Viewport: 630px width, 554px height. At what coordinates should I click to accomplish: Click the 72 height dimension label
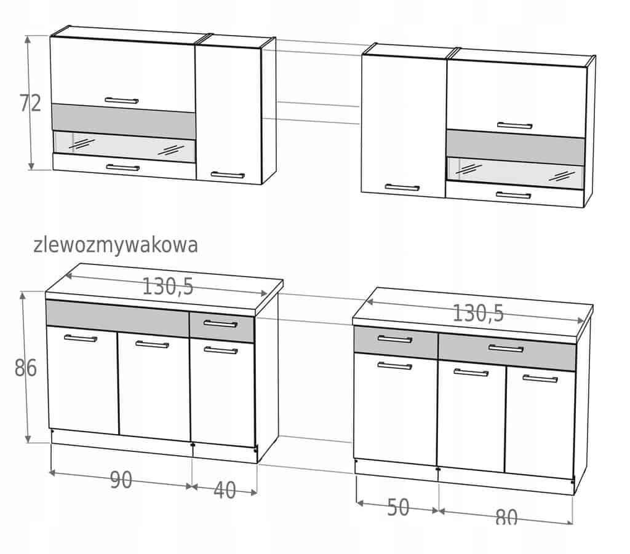[31, 103]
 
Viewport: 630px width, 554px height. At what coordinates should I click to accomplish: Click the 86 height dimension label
[26, 368]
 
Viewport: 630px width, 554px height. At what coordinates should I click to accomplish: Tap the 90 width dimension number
[121, 480]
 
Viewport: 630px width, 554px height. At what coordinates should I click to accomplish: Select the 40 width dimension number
[225, 490]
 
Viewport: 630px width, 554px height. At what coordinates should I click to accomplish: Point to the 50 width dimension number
[398, 507]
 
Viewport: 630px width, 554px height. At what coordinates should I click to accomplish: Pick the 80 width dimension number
[506, 518]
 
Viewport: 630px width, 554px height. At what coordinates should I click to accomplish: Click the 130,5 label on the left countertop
[168, 287]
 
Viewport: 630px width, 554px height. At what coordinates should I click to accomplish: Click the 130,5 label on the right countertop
[478, 313]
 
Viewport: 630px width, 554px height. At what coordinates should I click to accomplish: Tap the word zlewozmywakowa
[116, 245]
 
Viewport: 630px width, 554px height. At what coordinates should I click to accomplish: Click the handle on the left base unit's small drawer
[221, 323]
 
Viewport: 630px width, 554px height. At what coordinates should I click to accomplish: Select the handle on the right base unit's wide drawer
[506, 349]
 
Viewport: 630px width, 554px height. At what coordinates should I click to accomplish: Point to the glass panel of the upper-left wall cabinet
[124, 147]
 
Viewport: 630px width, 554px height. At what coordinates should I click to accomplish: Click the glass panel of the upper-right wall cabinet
[516, 173]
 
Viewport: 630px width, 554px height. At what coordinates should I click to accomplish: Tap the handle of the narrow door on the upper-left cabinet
[228, 175]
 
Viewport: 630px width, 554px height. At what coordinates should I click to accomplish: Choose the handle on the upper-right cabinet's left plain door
[402, 188]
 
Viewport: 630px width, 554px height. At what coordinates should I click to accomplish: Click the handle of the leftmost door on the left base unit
[81, 338]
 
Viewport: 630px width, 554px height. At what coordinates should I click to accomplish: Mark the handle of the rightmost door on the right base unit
[540, 379]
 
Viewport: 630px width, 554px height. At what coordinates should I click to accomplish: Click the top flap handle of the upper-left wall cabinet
[122, 100]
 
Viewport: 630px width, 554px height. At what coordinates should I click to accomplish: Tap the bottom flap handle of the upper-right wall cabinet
[514, 196]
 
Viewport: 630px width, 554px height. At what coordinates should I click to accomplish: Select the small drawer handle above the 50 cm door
[395, 339]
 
